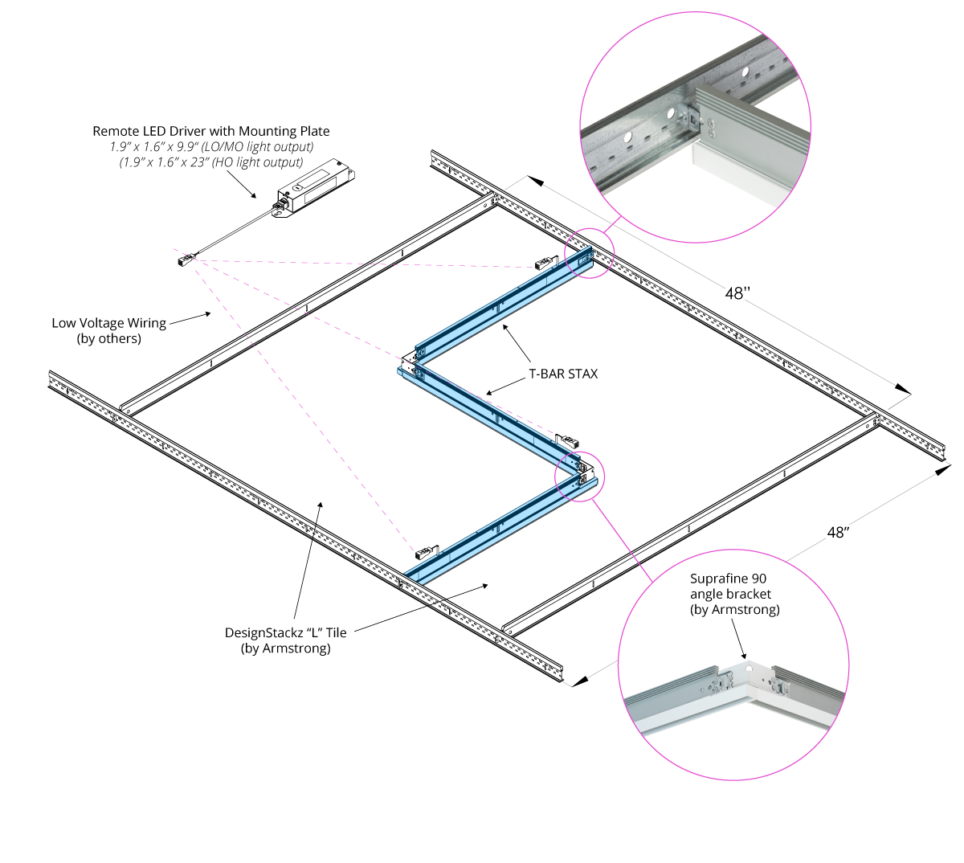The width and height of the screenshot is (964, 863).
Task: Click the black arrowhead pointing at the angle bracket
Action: (x=744, y=655)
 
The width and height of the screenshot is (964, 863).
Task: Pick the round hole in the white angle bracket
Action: (x=748, y=668)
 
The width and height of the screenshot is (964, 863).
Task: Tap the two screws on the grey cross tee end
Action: (x=710, y=124)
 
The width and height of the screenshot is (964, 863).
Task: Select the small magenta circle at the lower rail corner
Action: (x=579, y=476)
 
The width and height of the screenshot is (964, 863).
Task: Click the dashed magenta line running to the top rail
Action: (x=361, y=264)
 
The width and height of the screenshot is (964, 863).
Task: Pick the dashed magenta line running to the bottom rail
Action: (x=305, y=406)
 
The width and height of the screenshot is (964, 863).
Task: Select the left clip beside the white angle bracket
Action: (x=724, y=682)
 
